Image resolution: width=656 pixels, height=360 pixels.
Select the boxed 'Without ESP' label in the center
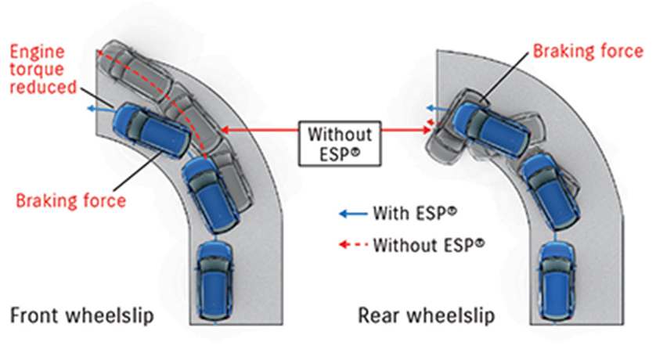[x=339, y=142]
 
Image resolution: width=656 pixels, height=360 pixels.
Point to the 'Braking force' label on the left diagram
[x=71, y=200]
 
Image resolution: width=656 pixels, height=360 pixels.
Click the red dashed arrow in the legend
[x=352, y=244]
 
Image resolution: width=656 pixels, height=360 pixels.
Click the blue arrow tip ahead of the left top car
[x=89, y=109]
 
